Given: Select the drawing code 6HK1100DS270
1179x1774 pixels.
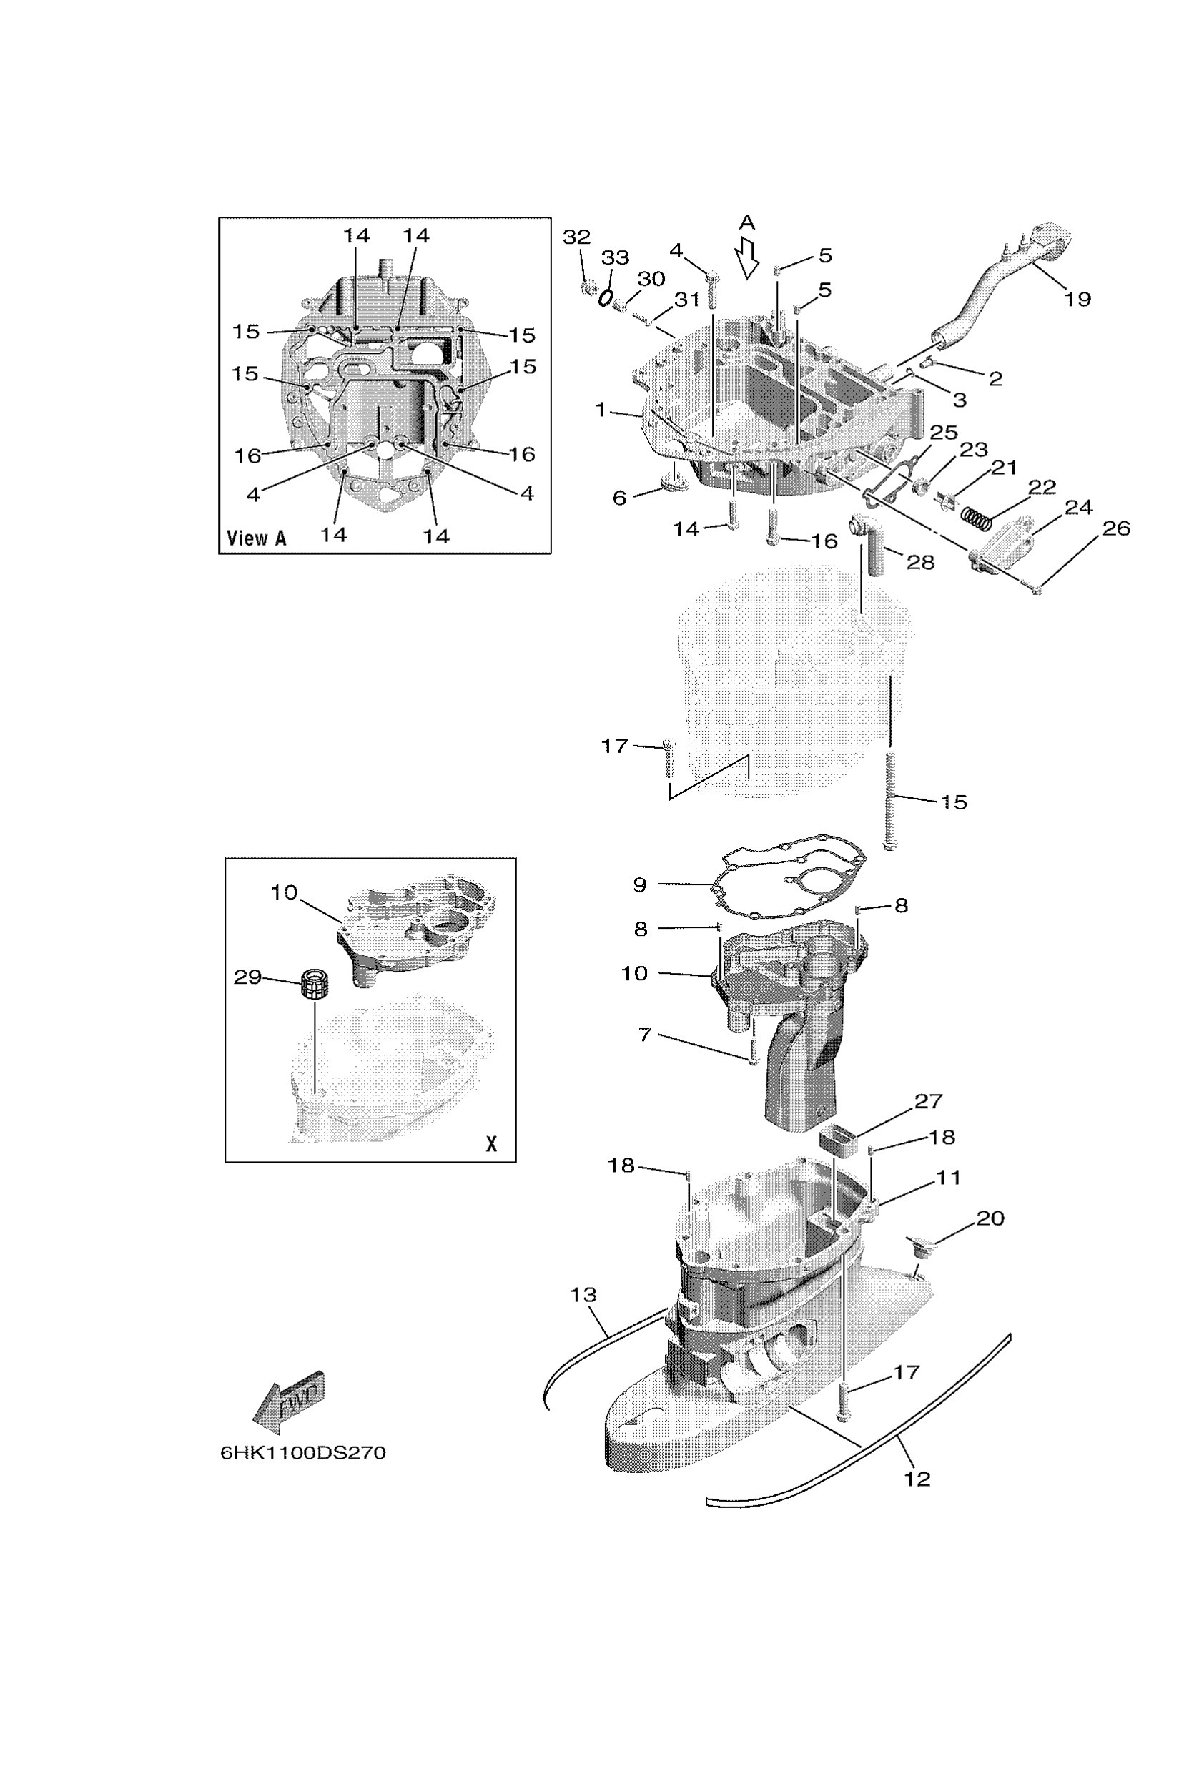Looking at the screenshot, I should [x=302, y=1453].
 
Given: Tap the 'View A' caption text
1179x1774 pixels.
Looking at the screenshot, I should [x=257, y=538].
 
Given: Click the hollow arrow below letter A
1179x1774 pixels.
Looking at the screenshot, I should [x=746, y=257].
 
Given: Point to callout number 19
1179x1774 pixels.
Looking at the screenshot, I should [x=1077, y=300].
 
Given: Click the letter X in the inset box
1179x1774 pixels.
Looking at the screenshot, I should [x=491, y=1144].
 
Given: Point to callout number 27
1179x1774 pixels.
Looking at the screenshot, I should [x=928, y=1102].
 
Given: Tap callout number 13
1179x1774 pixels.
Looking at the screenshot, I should [x=583, y=1295].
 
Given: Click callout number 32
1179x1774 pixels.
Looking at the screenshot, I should [x=577, y=237].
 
